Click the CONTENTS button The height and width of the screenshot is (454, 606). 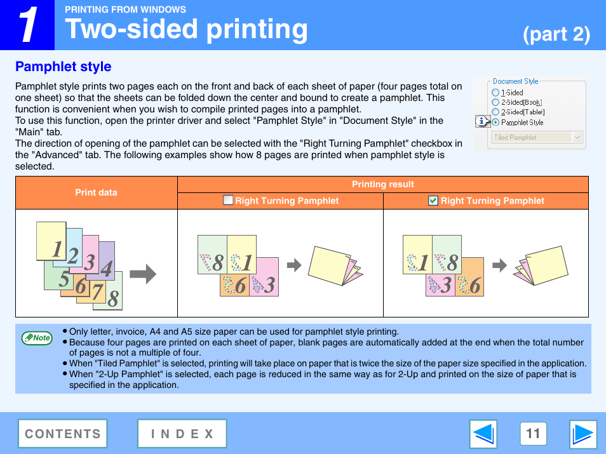coord(62,434)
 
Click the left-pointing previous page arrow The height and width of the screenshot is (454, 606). coord(483,434)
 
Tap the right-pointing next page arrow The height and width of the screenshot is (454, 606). coord(582,434)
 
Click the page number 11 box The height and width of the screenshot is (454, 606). coord(533,434)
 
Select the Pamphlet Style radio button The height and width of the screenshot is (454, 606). coord(495,123)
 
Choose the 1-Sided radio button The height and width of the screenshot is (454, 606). coord(495,92)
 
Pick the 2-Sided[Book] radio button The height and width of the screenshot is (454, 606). coord(495,102)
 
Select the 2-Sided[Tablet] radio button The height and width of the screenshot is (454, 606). coord(495,112)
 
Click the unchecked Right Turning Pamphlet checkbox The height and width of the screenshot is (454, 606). coord(228,201)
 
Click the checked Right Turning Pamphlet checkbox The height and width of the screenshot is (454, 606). coord(433,201)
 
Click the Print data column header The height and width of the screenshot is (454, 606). coord(96,192)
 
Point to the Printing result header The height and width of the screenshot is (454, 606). coord(382,184)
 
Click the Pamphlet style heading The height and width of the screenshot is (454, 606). coord(63,67)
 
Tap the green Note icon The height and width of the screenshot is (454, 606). coord(37,338)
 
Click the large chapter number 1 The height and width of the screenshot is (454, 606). coord(27,25)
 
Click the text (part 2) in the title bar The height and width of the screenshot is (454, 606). coord(556,34)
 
